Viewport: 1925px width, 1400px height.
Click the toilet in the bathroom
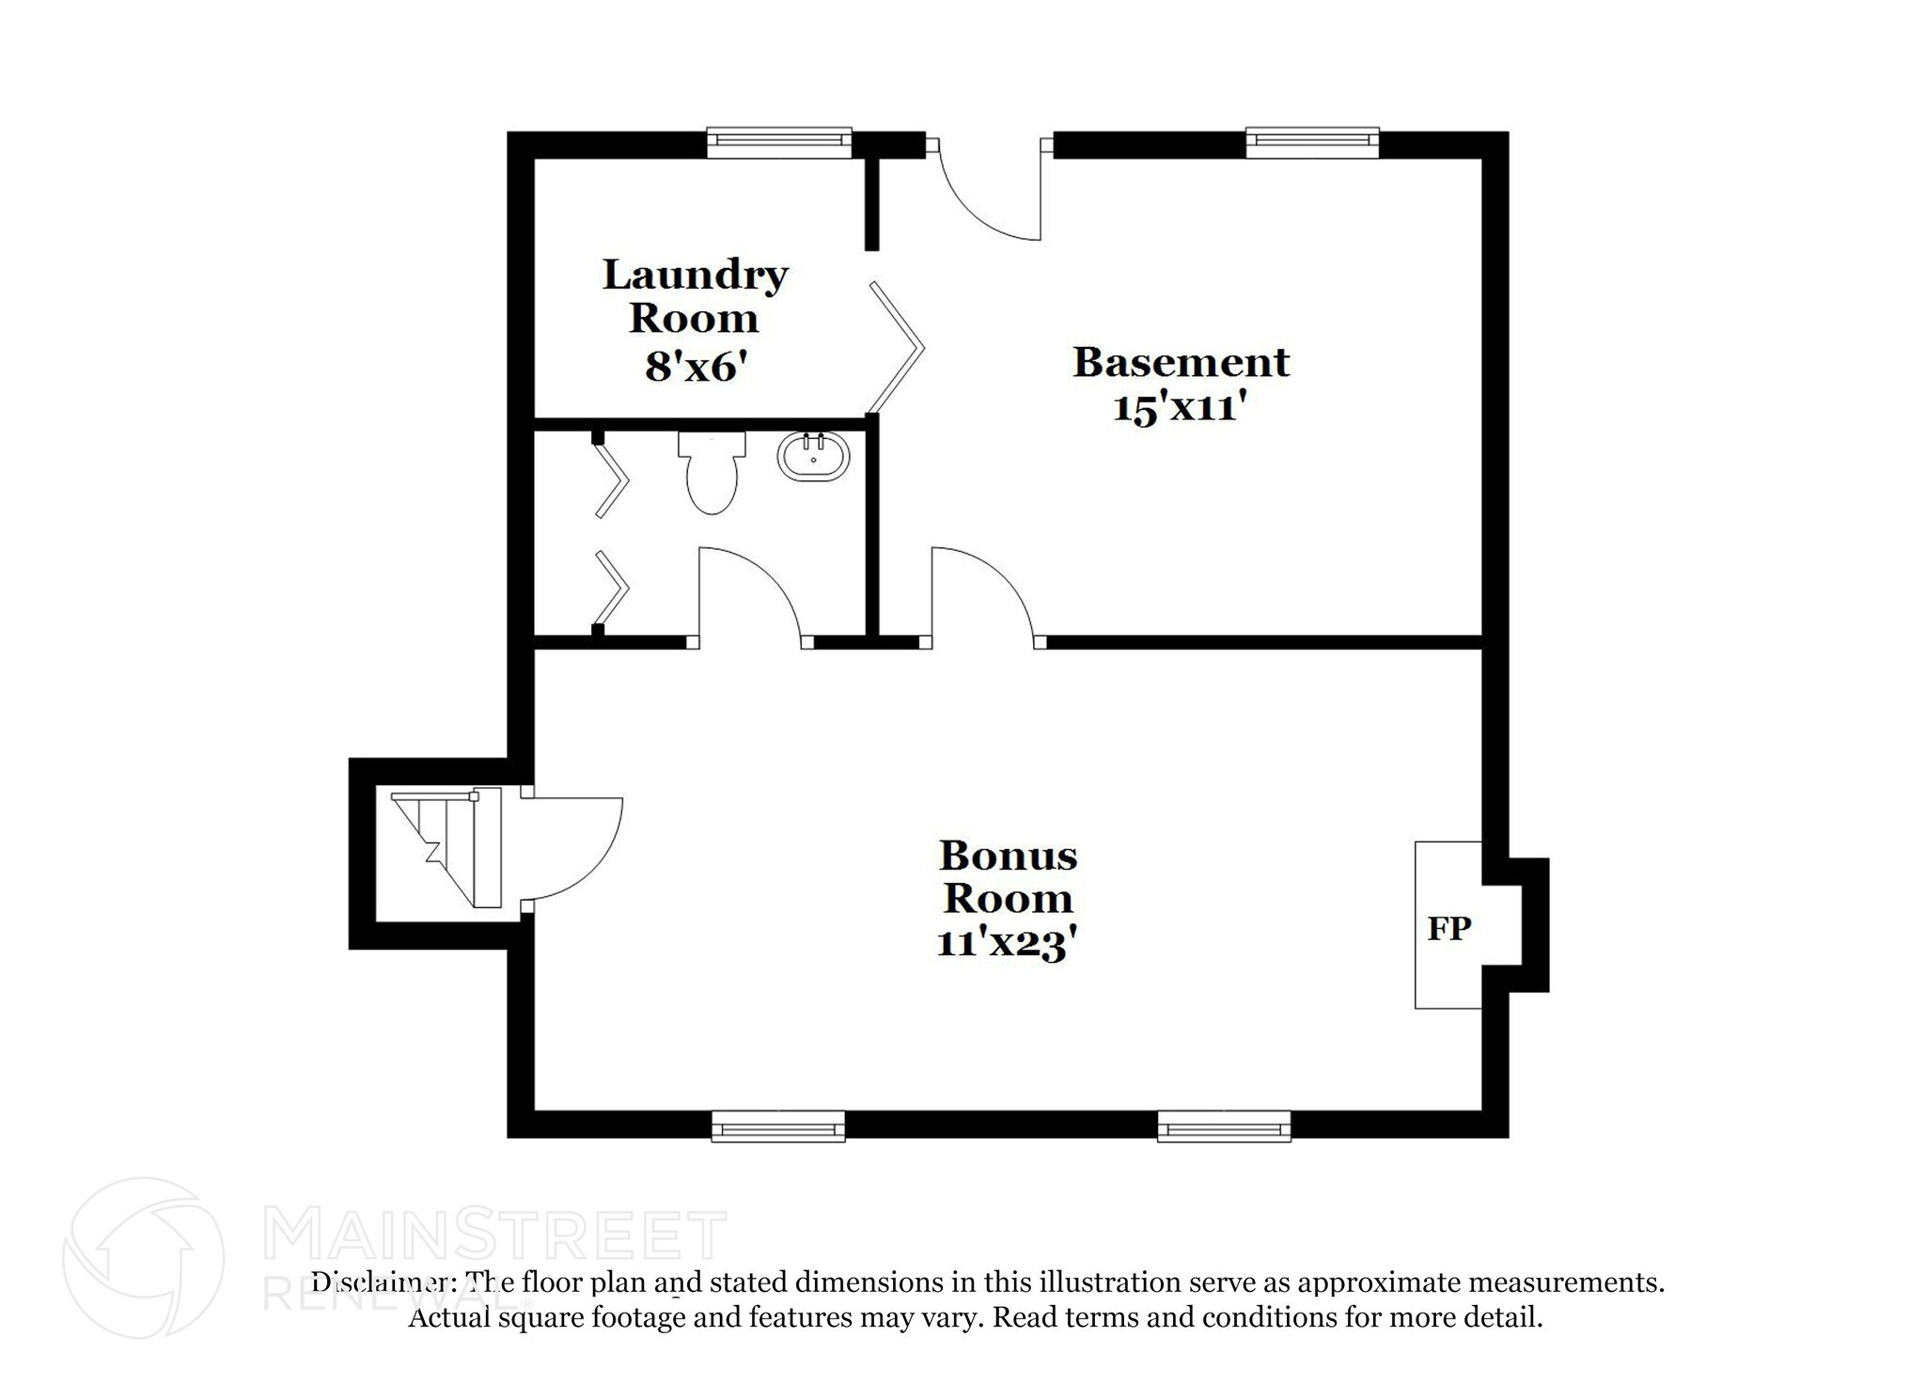(x=712, y=472)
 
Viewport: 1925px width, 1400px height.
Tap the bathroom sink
(x=813, y=457)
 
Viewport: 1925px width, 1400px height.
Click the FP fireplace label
(x=1448, y=929)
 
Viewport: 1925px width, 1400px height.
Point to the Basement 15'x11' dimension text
(x=1180, y=409)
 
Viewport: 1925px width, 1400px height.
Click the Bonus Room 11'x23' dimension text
(x=1006, y=943)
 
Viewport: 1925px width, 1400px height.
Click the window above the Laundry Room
(x=778, y=142)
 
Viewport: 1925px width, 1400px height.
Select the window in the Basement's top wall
(x=1312, y=142)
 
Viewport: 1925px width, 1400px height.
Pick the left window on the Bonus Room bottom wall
(x=777, y=1125)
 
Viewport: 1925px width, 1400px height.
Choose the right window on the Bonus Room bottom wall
(x=1223, y=1125)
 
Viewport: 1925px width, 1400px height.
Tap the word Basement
(x=1181, y=363)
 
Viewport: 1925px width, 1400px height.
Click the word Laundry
(x=695, y=275)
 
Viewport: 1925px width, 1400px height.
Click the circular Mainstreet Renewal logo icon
(x=144, y=1257)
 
